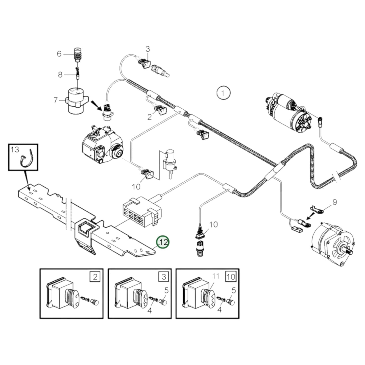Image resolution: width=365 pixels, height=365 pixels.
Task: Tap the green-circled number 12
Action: pyautogui.click(x=163, y=242)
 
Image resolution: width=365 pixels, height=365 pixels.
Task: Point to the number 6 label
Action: pyautogui.click(x=59, y=54)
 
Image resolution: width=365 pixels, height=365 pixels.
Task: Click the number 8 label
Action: pyautogui.click(x=60, y=75)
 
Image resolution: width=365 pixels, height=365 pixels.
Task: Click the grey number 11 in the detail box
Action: pyautogui.click(x=215, y=276)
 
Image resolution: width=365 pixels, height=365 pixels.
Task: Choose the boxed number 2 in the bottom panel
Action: pyautogui.click(x=95, y=277)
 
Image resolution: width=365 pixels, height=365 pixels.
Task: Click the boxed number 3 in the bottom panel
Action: pyautogui.click(x=164, y=277)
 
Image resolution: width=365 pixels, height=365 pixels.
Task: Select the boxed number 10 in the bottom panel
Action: pyautogui.click(x=231, y=277)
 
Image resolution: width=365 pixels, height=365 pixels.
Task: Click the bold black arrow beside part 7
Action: pyautogui.click(x=96, y=104)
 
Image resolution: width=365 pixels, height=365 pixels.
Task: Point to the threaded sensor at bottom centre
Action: pyautogui.click(x=200, y=249)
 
